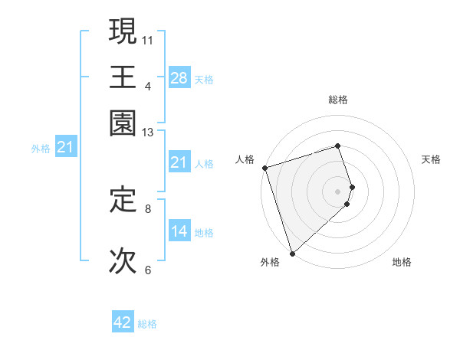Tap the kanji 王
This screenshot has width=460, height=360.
click(x=123, y=76)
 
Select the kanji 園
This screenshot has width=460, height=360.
click(x=123, y=122)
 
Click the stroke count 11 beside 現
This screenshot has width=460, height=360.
click(x=148, y=39)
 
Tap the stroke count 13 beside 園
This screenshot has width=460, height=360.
click(x=148, y=132)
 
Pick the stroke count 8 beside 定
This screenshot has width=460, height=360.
click(x=148, y=208)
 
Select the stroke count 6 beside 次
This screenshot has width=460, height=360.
click(x=148, y=270)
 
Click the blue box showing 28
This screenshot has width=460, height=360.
click(x=179, y=78)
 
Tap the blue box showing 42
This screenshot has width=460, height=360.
click(x=123, y=323)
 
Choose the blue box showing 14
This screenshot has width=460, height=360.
click(x=179, y=231)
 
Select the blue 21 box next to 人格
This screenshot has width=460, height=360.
click(x=179, y=162)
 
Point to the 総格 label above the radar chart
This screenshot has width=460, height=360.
click(x=338, y=100)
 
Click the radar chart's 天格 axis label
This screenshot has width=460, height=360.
click(x=431, y=159)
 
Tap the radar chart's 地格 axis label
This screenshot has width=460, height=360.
click(x=402, y=262)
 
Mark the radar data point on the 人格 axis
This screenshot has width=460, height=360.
click(x=264, y=168)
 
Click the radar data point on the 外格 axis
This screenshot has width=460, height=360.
click(x=292, y=253)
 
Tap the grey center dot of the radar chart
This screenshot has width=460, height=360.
click(x=338, y=191)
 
